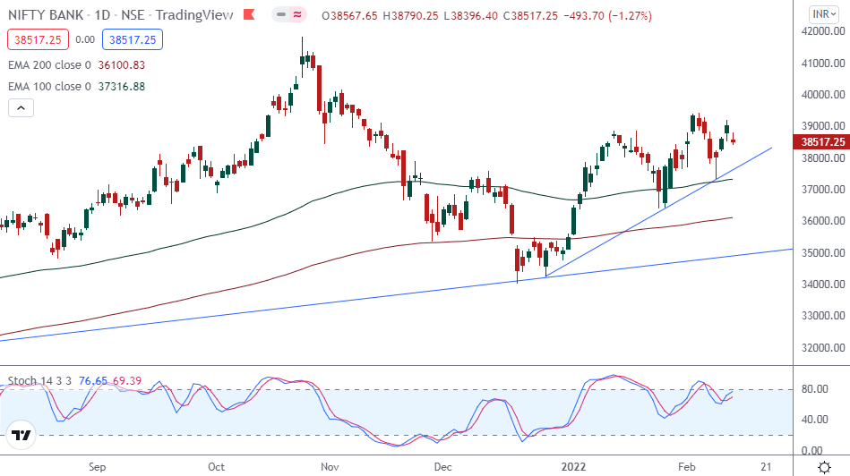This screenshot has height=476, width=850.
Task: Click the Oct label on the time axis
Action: [216, 466]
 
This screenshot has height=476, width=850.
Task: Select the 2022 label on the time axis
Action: [573, 466]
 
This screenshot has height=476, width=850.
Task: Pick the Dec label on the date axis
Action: [442, 466]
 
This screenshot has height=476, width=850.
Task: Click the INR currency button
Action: [821, 13]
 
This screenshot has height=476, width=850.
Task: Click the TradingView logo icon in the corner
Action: [21, 437]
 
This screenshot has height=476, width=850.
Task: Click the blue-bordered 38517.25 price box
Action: [130, 39]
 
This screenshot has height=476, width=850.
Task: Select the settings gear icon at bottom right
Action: [823, 466]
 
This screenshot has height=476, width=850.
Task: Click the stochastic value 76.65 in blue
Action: [93, 381]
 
